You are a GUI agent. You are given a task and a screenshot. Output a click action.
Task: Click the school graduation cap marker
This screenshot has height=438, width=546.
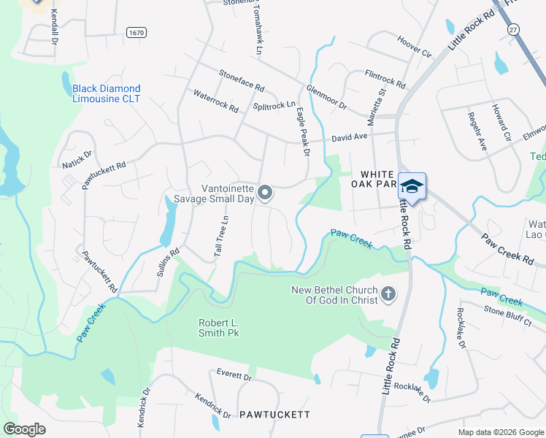click(412, 187)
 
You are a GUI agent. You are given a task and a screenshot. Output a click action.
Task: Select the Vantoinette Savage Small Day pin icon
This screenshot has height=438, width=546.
click(265, 193)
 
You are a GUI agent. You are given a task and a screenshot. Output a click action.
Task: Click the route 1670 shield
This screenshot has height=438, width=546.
click(136, 32)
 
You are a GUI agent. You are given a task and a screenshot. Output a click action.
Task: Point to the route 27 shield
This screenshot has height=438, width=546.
click(513, 28)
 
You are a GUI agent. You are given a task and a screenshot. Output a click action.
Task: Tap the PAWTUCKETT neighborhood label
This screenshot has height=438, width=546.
click(274, 415)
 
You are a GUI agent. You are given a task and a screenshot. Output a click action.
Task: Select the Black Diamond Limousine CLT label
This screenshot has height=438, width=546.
click(107, 93)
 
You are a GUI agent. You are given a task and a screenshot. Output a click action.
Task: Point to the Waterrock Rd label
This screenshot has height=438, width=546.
click(215, 101)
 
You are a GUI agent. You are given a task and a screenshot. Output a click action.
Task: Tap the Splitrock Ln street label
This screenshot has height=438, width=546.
click(274, 106)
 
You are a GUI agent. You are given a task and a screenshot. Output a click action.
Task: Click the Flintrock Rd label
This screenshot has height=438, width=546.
click(385, 79)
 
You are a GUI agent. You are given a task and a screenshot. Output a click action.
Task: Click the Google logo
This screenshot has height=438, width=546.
click(24, 429)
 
